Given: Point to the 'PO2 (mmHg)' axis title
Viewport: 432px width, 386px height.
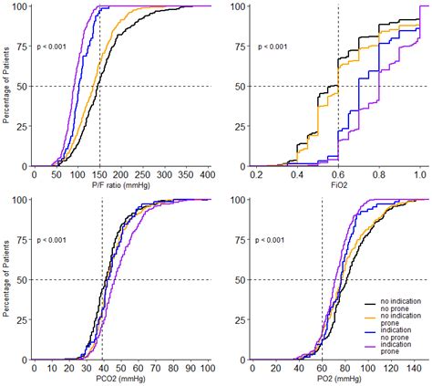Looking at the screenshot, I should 337,378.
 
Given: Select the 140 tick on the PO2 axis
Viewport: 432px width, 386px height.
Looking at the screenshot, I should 412,368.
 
